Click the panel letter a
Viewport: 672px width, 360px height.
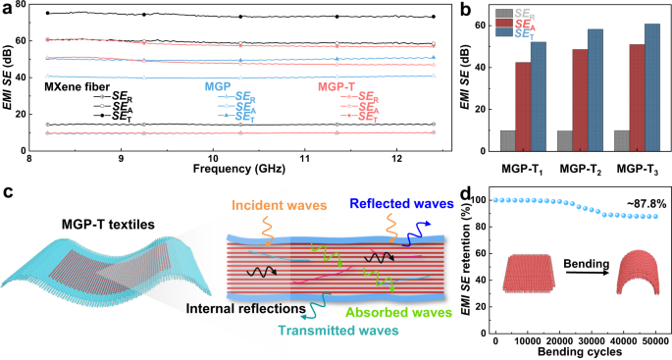pos(8,9)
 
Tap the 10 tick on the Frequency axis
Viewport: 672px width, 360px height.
pos(213,156)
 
